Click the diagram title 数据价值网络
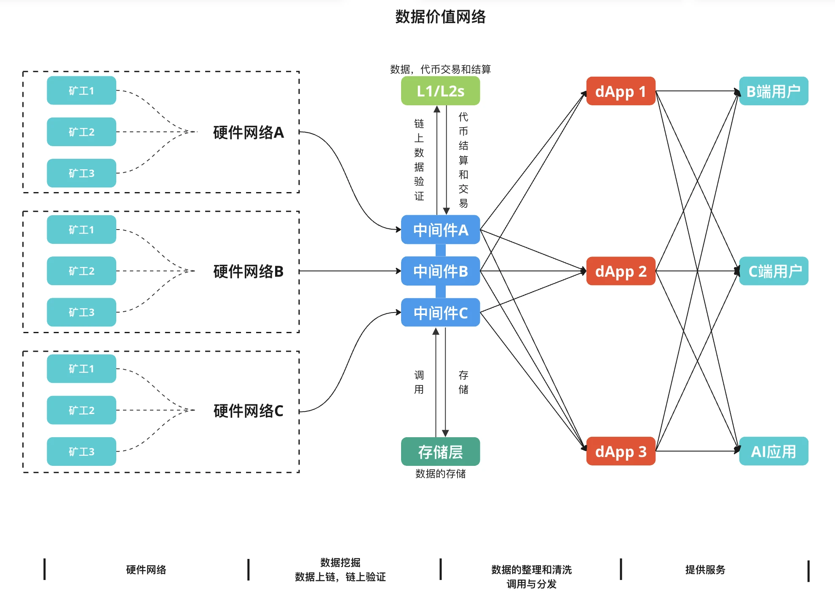(x=440, y=17)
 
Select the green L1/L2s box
(x=440, y=91)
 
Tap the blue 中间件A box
(x=440, y=230)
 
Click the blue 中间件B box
(x=440, y=271)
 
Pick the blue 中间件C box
(x=440, y=313)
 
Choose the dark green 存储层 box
(x=440, y=452)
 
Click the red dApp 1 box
(x=621, y=91)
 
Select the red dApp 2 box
(x=621, y=271)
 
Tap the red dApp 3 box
(x=621, y=452)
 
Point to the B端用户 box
(x=773, y=91)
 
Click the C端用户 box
(x=773, y=271)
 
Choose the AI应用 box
(x=773, y=452)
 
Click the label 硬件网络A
(x=249, y=133)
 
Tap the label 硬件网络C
(x=249, y=411)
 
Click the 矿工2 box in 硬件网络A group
(x=81, y=132)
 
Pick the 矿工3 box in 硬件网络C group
(x=81, y=452)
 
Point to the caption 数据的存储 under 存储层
(x=440, y=474)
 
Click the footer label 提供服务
(x=705, y=570)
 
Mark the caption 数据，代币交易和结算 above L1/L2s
(x=440, y=69)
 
